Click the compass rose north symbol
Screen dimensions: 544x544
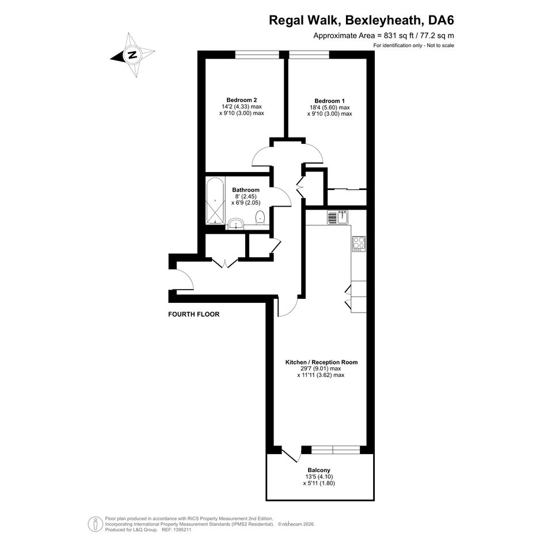click(x=132, y=55)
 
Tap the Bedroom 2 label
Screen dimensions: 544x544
click(x=241, y=100)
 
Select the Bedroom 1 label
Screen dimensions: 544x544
click(x=330, y=101)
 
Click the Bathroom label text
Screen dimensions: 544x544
click(x=246, y=190)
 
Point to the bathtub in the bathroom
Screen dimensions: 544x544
click(x=215, y=201)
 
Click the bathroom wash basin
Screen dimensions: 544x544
click(x=237, y=224)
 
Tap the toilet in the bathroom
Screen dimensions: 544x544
click(x=260, y=218)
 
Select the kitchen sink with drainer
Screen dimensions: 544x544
click(x=337, y=218)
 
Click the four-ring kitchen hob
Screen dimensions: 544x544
click(x=359, y=244)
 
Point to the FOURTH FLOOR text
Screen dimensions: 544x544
click(x=193, y=314)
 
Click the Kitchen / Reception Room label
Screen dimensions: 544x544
click(x=321, y=362)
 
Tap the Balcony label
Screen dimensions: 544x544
click(x=318, y=470)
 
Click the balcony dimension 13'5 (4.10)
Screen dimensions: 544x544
click(x=319, y=477)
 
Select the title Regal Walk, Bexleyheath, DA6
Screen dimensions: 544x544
click(x=362, y=21)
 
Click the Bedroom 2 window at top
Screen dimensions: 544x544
click(x=257, y=55)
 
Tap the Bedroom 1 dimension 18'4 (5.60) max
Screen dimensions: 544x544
click(x=330, y=108)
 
